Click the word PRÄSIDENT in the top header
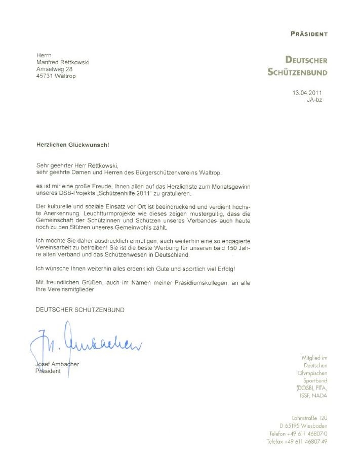coord(309,34)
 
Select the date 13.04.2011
coord(307,93)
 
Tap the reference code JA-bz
coord(314,100)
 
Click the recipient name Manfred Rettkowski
coord(63,62)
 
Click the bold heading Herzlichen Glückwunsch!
coord(72,145)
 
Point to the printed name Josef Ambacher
coord(57,364)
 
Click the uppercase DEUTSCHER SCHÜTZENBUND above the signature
coord(79,310)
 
